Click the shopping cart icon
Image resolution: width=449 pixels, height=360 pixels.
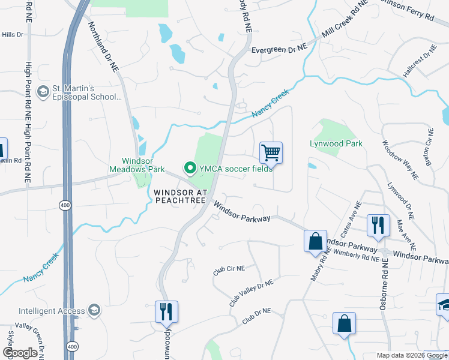click(x=271, y=153)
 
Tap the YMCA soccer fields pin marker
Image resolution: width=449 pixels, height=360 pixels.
click(x=190, y=168)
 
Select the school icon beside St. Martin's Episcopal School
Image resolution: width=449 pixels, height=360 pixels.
click(x=43, y=92)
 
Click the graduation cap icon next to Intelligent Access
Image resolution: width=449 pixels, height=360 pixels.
click(x=94, y=310)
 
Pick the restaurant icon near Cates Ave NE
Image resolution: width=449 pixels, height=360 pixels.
click(x=378, y=226)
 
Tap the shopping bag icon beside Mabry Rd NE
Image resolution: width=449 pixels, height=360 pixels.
click(x=315, y=242)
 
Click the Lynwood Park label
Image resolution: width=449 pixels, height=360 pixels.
click(x=336, y=144)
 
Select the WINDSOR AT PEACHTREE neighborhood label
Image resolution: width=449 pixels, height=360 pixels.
click(x=180, y=196)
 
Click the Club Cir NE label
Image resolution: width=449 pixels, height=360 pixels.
click(x=229, y=270)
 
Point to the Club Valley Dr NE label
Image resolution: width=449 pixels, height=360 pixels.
click(x=251, y=292)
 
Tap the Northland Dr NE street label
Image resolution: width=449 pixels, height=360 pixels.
click(x=104, y=47)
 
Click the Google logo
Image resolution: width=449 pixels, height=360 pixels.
click(x=20, y=353)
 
